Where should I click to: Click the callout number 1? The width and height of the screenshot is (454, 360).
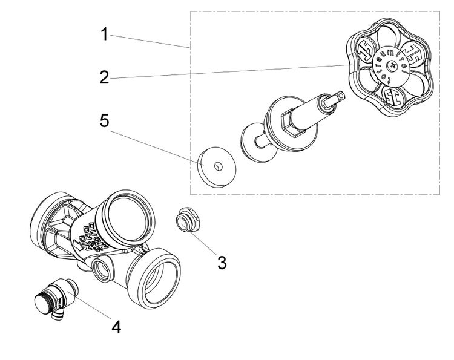coord(104,34)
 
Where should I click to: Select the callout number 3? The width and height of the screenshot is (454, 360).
coord(222,263)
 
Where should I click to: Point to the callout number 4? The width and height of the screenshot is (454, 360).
coord(116,327)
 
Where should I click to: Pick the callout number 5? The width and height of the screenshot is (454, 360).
coord(105,120)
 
